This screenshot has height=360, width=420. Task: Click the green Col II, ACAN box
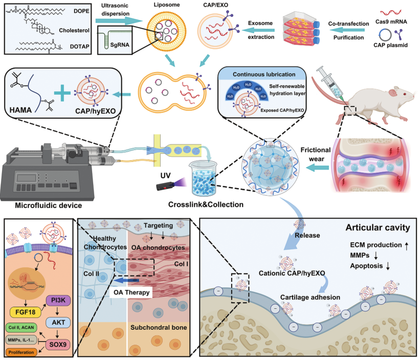(21, 327)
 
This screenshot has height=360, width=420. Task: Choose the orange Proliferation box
(21, 352)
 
